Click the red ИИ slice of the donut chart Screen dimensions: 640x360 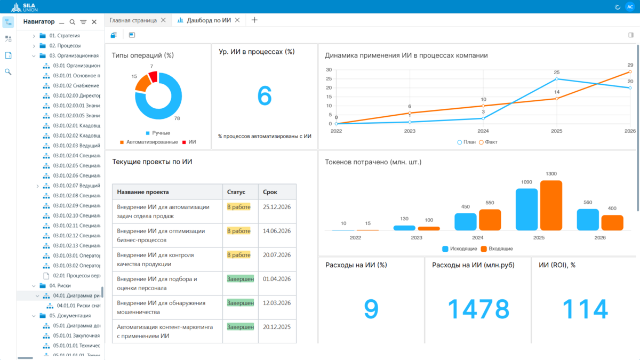point(154,77)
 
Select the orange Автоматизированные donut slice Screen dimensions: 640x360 point(142,83)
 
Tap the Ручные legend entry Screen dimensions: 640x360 point(158,133)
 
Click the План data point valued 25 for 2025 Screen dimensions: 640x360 point(557,79)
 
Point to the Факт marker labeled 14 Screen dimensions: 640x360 point(557,99)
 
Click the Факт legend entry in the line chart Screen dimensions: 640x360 point(489,142)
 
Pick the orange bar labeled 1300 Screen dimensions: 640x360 point(551,205)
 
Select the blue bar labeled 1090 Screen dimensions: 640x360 point(526,210)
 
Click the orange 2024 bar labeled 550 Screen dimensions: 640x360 point(490,220)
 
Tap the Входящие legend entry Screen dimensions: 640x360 point(497,249)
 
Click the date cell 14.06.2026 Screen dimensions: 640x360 point(277,231)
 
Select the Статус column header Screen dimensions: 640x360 point(236,192)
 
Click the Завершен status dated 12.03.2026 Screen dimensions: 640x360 point(241,303)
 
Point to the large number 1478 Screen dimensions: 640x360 point(478,309)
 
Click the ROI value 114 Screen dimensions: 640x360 point(585,309)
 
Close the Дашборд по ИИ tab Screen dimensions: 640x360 point(237,20)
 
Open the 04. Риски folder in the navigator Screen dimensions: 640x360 point(60,286)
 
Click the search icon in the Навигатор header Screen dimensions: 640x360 point(73,22)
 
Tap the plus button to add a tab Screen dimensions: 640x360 point(254,20)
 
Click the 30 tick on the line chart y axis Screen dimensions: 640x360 point(329,70)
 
